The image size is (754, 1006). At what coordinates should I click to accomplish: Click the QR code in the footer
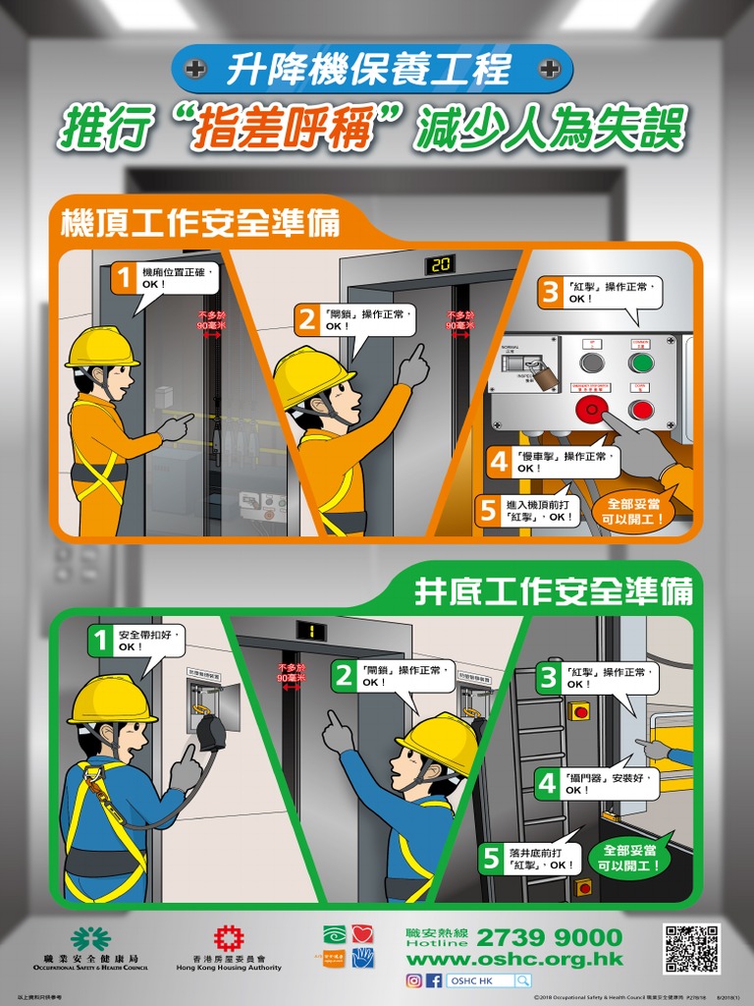[691, 948]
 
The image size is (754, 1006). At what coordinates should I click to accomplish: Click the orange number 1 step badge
[123, 278]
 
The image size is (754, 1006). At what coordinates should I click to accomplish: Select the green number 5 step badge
[490, 858]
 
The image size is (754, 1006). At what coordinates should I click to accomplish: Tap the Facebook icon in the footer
[434, 980]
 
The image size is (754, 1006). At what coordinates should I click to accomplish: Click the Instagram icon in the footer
[414, 980]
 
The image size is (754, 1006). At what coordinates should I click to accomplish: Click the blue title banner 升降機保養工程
[370, 69]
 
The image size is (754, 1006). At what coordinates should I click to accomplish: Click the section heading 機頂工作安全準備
[200, 223]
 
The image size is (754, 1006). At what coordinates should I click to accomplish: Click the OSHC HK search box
[489, 980]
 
